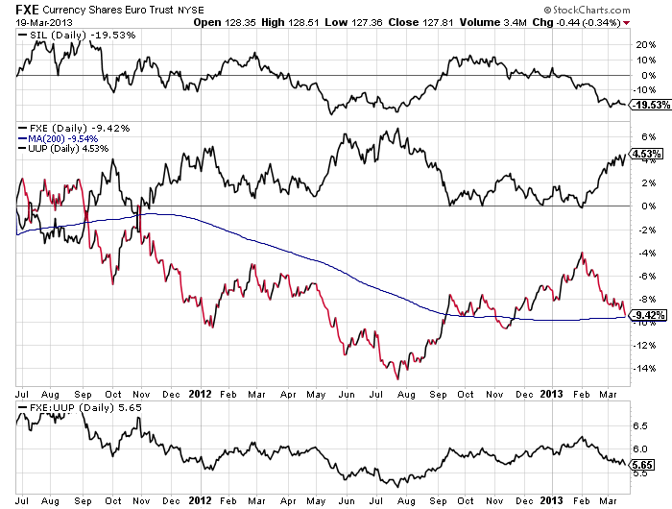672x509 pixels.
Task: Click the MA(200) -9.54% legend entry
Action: point(61,138)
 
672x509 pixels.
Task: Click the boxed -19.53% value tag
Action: point(646,107)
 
